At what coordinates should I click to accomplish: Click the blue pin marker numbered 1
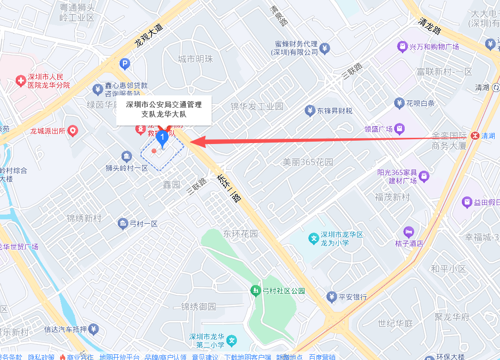tap(163, 139)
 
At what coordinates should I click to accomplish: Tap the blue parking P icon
tap(124, 62)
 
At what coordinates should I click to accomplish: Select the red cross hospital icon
tap(20, 81)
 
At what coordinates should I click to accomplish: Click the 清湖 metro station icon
tap(475, 135)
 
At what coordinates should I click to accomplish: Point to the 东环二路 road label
tap(229, 188)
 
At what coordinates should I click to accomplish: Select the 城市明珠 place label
tap(195, 59)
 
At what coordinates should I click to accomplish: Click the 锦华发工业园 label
tap(257, 106)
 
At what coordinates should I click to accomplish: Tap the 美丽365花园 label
tap(308, 162)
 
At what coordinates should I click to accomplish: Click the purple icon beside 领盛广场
tap(399, 128)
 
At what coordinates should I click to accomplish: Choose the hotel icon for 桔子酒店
tap(408, 232)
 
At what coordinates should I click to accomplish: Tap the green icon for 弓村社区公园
tap(256, 290)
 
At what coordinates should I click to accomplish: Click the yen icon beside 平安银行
tap(332, 297)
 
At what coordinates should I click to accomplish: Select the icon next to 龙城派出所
tap(72, 130)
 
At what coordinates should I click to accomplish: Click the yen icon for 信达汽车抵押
tap(94, 329)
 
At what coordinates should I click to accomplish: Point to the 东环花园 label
tap(241, 234)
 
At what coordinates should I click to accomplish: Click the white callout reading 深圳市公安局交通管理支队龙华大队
tap(163, 109)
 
